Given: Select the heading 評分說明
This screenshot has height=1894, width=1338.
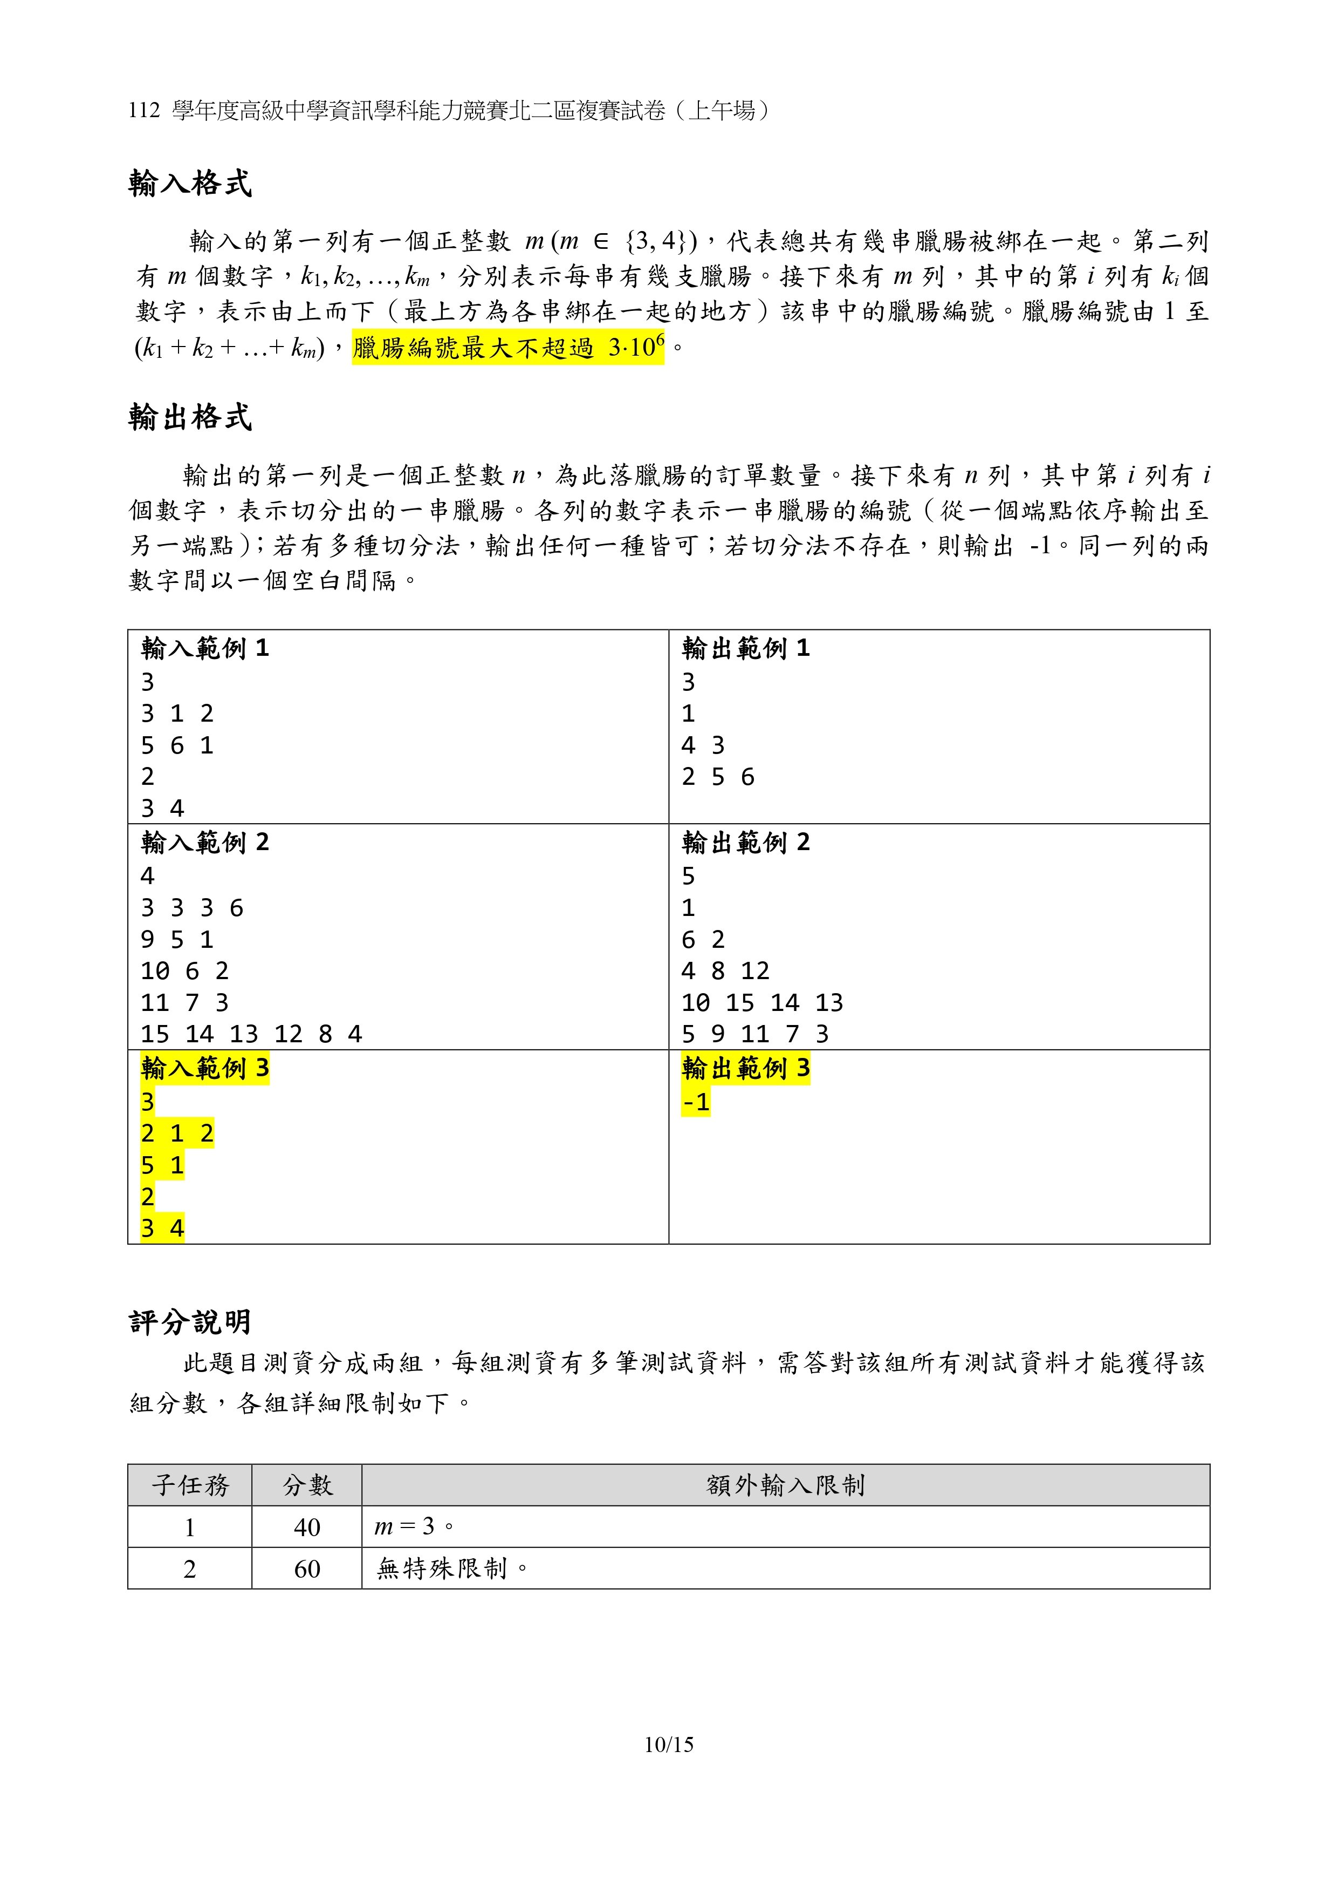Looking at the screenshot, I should point(190,1321).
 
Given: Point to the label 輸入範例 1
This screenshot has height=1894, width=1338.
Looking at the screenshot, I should point(204,648).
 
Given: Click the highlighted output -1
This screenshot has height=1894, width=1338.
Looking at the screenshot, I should point(696,1102).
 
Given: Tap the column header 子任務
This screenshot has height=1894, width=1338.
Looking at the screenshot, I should point(190,1485).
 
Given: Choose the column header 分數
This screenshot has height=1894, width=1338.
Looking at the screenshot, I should point(307,1485).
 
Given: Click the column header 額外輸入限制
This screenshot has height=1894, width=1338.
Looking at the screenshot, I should point(785,1485).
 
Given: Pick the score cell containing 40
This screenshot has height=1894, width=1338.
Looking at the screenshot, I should point(307,1527).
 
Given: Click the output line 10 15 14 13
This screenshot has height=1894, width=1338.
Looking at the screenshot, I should point(761,1002).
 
